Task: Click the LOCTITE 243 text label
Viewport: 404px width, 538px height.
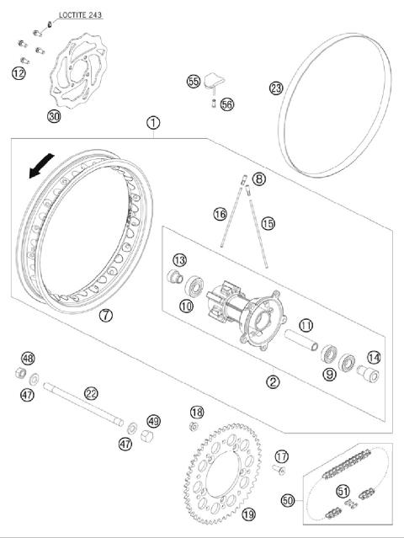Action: pos(85,15)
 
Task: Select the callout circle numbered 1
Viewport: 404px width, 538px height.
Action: pos(152,123)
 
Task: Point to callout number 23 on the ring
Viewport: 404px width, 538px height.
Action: pos(276,88)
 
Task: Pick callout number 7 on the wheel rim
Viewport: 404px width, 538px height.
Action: pos(105,317)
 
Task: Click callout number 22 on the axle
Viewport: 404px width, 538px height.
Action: pos(91,392)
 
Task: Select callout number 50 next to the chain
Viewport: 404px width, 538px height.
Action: pos(288,501)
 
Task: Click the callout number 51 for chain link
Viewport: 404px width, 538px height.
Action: pos(342,491)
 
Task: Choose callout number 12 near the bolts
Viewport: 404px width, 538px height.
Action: pos(19,74)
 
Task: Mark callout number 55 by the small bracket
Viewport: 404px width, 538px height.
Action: pos(194,82)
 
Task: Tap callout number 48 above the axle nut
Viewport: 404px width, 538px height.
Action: pos(28,359)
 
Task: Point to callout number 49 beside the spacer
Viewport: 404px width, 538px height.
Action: pos(152,421)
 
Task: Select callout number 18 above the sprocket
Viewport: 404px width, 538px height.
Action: pos(196,412)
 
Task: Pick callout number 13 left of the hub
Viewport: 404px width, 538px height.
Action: pos(179,259)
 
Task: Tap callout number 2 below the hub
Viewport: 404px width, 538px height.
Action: pos(273,382)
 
